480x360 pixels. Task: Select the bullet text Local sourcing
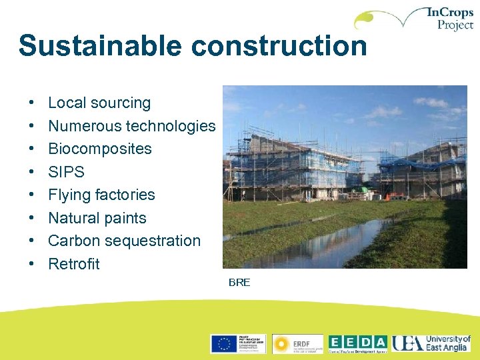[99, 103]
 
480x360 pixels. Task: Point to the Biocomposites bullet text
[100, 149]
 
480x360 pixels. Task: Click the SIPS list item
[66, 172]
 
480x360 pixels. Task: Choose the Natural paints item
[97, 218]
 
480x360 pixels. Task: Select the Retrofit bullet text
[74, 264]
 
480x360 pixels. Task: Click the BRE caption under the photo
[239, 283]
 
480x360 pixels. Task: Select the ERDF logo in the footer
[297, 343]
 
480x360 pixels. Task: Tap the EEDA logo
[357, 343]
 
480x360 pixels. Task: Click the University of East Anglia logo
[431, 343]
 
